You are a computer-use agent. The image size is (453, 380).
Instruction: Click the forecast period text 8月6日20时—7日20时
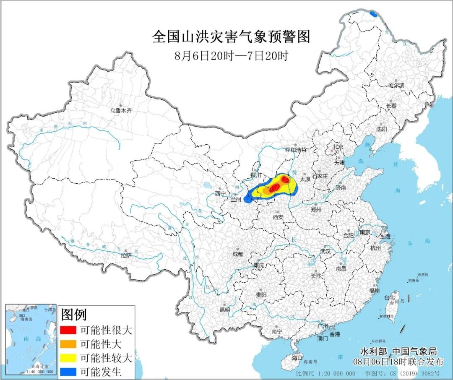pos(231,56)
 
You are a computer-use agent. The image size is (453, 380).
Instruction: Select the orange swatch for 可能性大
pos(68,344)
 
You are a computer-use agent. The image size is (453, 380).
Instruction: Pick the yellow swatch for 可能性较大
pos(68,358)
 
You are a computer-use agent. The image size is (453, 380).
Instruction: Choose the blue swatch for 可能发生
pos(68,371)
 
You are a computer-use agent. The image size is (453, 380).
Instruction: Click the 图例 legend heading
pos(74,314)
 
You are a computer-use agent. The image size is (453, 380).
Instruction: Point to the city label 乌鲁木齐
pos(121,111)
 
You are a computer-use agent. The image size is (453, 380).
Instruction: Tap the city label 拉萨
pos(126,255)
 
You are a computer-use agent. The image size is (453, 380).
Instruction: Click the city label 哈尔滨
pos(396,85)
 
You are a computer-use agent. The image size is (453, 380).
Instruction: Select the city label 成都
pos(238,254)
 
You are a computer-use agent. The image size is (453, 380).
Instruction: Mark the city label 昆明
pos(225,310)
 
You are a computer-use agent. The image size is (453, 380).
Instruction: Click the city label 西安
pos(279,217)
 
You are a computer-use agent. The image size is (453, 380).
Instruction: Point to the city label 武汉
pos(325,251)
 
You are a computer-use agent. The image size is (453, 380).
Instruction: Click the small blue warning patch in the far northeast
pos(373,14)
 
